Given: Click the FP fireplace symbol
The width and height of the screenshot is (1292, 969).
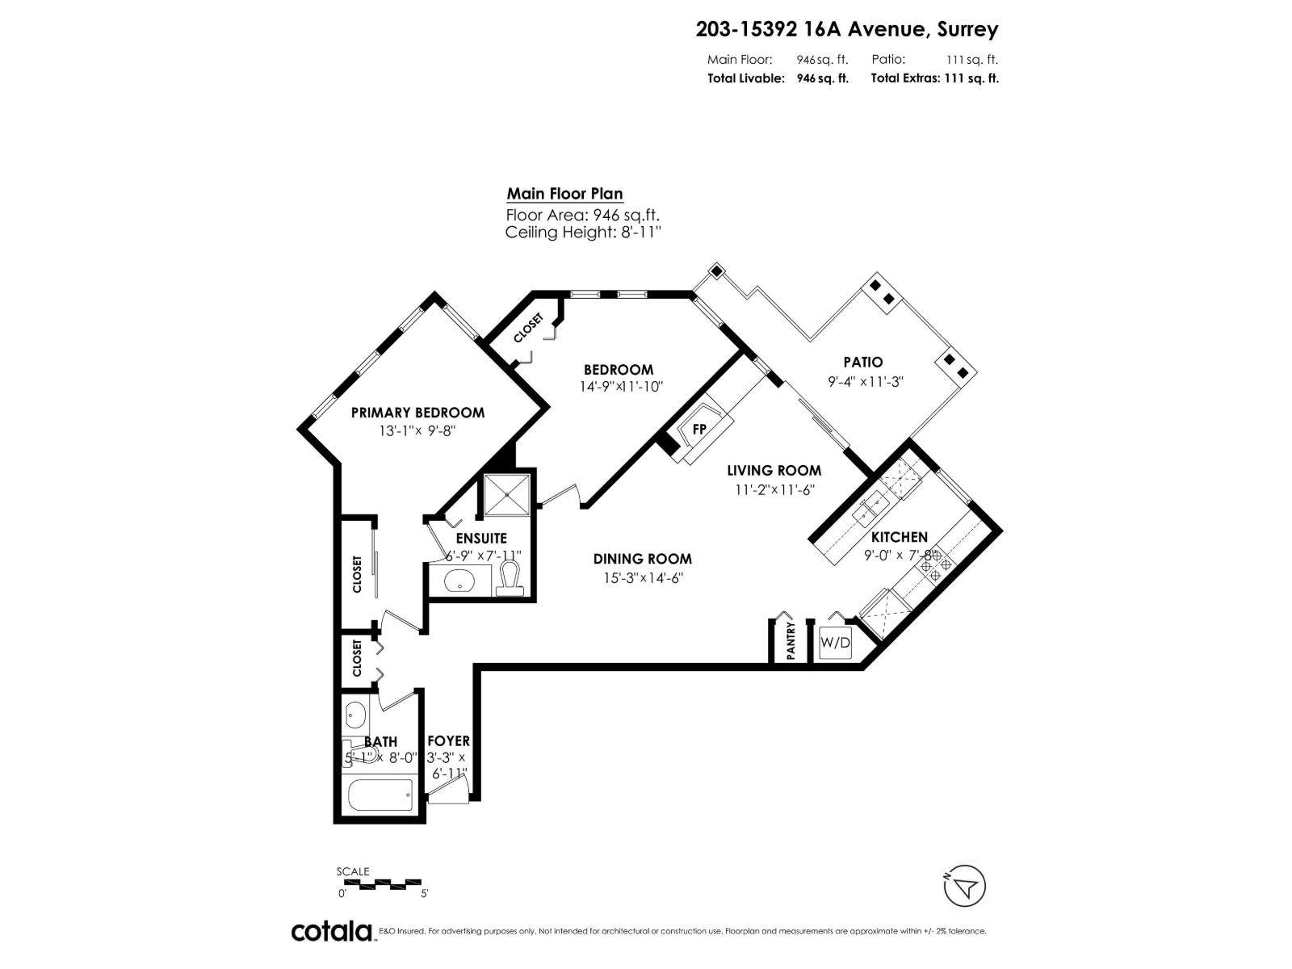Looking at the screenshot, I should [x=699, y=430].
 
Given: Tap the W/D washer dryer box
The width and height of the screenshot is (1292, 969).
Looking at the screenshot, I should [x=835, y=644].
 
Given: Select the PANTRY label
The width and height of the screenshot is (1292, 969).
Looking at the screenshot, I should [x=791, y=640].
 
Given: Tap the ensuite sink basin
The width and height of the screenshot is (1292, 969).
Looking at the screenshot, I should [x=461, y=581].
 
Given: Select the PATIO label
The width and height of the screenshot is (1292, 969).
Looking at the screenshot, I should [x=863, y=363].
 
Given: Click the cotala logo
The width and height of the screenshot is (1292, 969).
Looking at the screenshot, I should [x=331, y=931].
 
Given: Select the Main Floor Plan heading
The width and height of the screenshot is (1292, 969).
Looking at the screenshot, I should [x=564, y=194].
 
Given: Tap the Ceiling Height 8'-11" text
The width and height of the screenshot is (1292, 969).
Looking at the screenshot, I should [x=583, y=233].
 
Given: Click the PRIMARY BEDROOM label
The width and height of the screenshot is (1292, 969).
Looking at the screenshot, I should [x=417, y=413].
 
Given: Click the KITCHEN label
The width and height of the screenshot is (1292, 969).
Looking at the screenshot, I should [x=899, y=537].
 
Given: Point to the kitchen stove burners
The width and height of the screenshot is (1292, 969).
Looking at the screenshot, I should [x=936, y=564].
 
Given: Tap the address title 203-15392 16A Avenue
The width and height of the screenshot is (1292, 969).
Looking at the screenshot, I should [x=846, y=30].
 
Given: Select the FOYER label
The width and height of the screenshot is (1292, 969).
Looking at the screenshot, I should [x=448, y=740].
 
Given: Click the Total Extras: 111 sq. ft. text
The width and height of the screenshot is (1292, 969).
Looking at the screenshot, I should [x=934, y=78].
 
